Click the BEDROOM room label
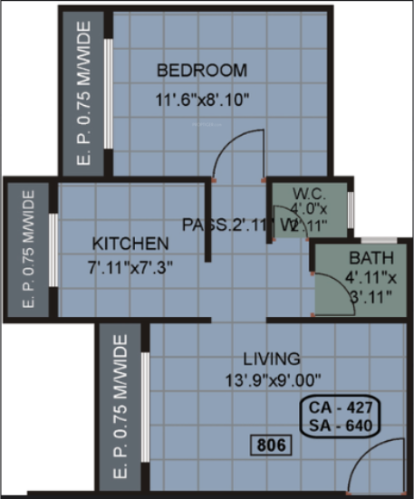tap(201, 70)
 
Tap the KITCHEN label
tap(130, 244)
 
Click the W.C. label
tap(308, 193)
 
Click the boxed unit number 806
tap(268, 445)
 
